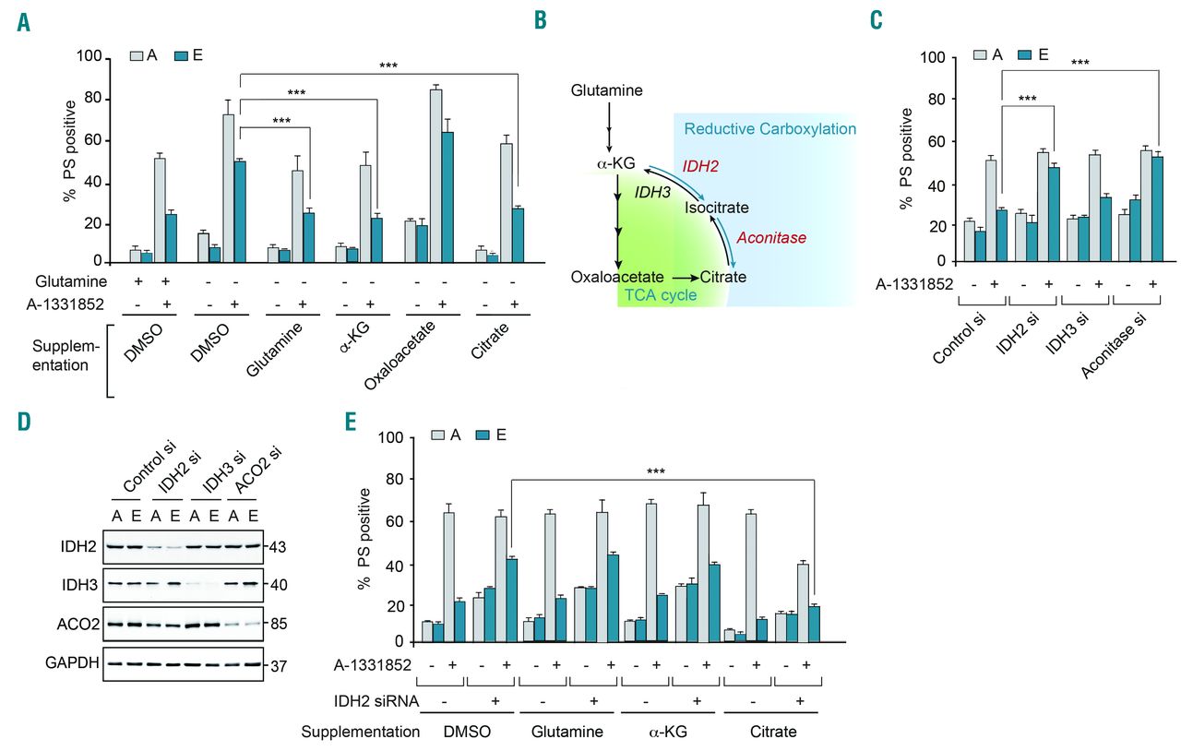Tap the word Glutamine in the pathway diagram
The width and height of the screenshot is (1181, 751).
click(x=606, y=90)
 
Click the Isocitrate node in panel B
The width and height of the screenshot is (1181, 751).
click(x=716, y=209)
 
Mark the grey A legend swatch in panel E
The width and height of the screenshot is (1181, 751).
click(x=442, y=434)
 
